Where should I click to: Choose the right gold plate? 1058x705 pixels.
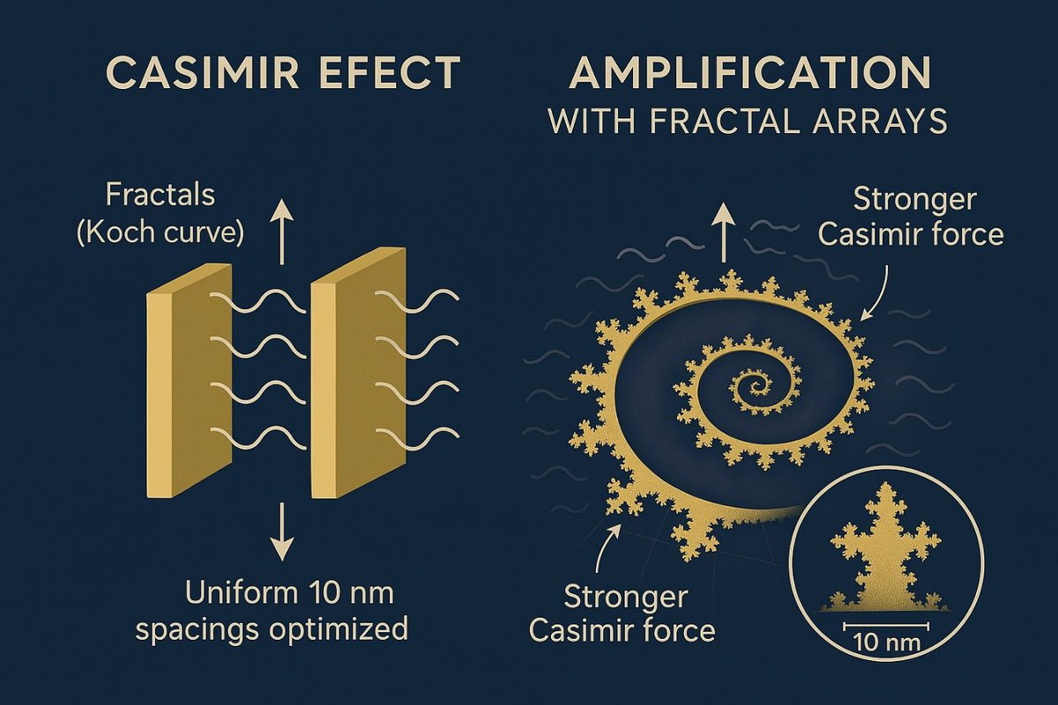(357, 379)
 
